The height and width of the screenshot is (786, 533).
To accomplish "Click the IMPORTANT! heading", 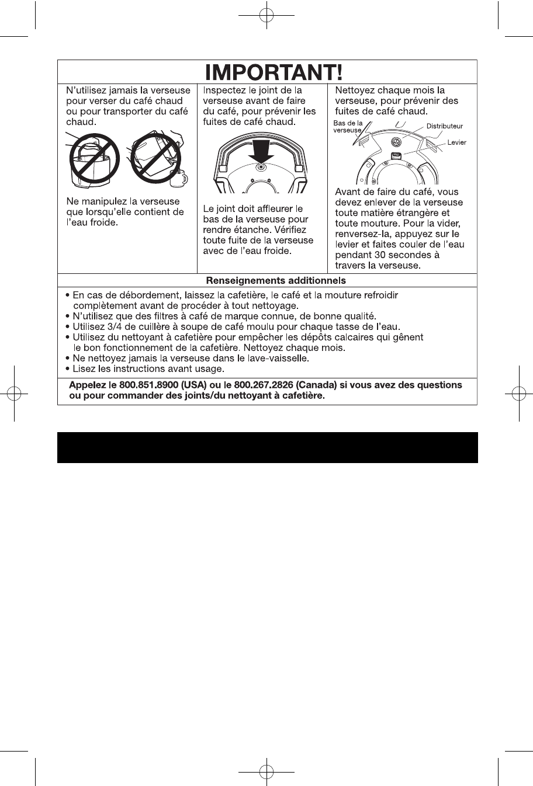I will (x=274, y=72).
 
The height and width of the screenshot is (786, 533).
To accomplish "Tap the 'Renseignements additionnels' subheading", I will (x=276, y=281).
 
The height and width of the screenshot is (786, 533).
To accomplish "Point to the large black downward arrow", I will (x=261, y=152).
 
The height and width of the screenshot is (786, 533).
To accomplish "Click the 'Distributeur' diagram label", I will (x=444, y=126).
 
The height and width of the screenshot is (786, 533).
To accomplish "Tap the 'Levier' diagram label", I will (x=456, y=142).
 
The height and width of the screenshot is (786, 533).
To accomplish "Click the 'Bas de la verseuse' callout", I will (x=348, y=127).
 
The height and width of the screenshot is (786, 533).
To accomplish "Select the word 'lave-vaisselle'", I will (x=279, y=358).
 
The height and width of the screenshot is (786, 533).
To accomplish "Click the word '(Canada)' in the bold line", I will (x=318, y=385).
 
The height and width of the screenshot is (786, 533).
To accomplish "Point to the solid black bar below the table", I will (x=267, y=447).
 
